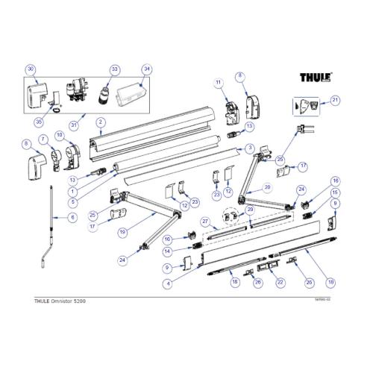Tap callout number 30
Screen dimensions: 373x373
[31, 69]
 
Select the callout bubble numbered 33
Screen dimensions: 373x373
[114, 69]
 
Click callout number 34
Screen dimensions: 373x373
[147, 69]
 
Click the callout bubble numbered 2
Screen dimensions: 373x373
[99, 121]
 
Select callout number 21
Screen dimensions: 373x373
[335, 99]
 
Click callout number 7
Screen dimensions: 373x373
[44, 139]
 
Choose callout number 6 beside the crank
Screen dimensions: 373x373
[72, 217]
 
